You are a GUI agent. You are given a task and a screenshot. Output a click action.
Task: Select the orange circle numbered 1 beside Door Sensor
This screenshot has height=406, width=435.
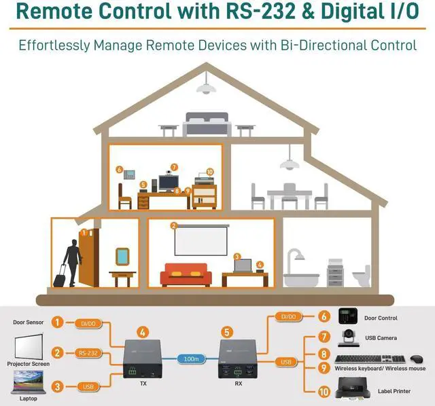click(58, 322)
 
